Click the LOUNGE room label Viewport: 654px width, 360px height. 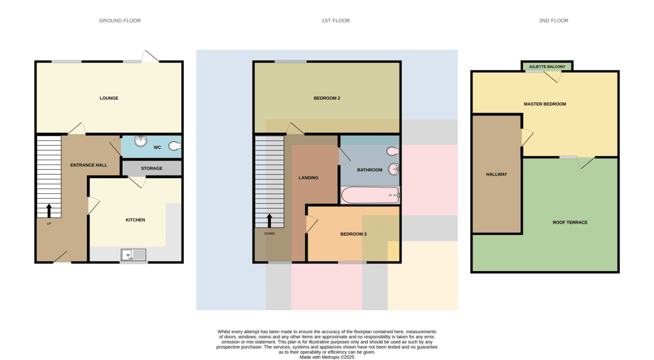point(109,98)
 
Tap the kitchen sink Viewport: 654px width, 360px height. point(134,255)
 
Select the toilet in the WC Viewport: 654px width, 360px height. point(175,146)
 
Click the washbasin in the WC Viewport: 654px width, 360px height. point(141,142)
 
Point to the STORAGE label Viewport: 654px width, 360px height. point(152,168)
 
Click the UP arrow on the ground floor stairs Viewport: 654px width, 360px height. point(49,211)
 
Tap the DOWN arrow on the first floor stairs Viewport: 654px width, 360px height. point(269,221)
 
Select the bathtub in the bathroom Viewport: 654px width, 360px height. point(370,195)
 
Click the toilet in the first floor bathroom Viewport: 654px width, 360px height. point(393,151)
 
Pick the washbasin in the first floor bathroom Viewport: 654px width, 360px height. point(394,169)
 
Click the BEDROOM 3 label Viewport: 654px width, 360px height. point(353,234)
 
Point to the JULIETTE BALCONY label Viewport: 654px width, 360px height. point(547,66)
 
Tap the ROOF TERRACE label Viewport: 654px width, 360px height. point(570,222)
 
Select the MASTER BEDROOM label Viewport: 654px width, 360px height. point(545,104)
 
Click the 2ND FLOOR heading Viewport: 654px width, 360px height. point(554,20)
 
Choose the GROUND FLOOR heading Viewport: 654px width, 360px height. point(120,20)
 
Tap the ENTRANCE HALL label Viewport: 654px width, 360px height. point(89,165)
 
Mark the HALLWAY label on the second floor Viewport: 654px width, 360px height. point(496,174)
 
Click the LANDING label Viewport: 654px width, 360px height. point(308,178)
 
